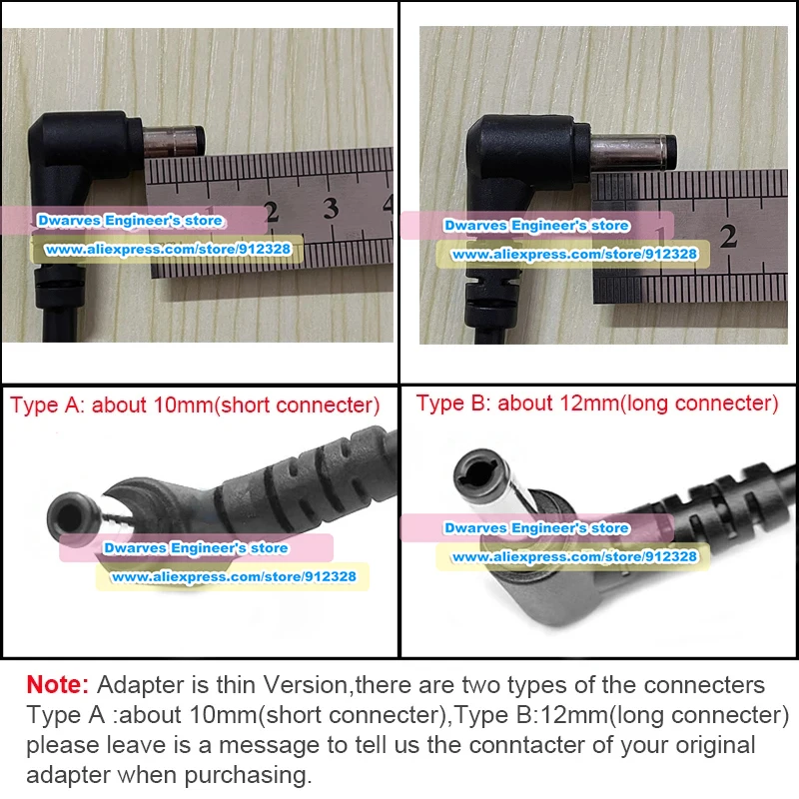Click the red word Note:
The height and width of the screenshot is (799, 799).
point(58,684)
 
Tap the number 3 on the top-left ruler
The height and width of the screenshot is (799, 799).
point(331,209)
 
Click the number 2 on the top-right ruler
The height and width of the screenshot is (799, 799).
point(728,237)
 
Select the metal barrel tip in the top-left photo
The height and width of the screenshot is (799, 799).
point(174,141)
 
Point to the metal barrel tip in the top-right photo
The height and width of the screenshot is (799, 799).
point(633,152)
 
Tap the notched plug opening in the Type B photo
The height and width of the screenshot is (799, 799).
point(480,476)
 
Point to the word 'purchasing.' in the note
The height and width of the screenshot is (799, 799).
point(248,776)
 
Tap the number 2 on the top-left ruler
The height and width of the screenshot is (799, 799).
point(272,212)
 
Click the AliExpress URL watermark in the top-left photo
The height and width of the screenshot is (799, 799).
point(168,249)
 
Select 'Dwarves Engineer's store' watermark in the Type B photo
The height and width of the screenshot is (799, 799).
point(537,528)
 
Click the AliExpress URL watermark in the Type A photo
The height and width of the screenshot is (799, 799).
point(234,577)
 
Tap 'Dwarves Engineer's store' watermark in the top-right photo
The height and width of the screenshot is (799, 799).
point(536,226)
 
